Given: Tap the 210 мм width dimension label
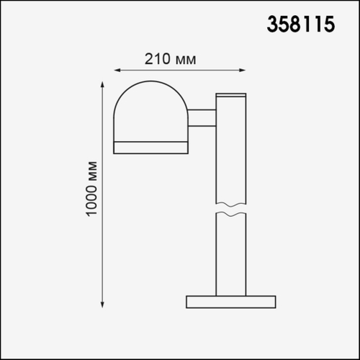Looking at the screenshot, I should tap(171, 58).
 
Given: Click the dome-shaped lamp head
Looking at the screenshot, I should tap(150, 112).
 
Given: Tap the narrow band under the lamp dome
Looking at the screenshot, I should tap(150, 148).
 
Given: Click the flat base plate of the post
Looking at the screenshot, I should tap(230, 302).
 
